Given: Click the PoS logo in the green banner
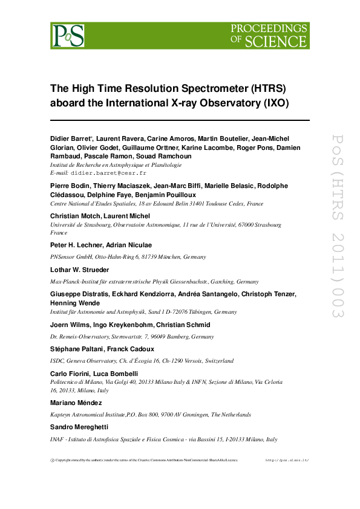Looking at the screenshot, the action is tap(67, 36).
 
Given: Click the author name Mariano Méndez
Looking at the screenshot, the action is tap(77, 403).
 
